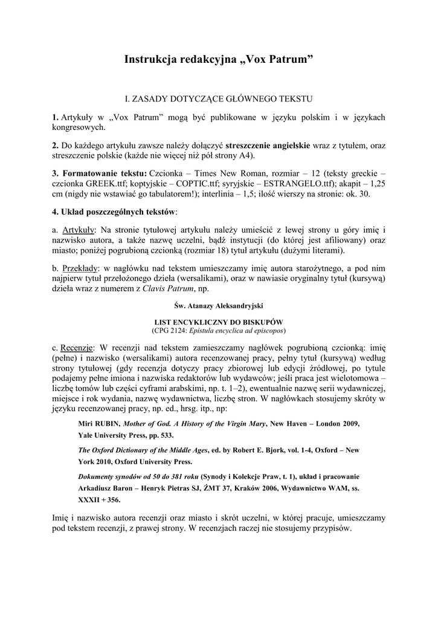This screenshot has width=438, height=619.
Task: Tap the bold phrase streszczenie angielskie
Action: point(268,146)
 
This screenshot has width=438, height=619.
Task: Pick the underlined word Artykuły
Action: point(79,230)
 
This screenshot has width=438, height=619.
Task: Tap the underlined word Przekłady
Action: point(82,268)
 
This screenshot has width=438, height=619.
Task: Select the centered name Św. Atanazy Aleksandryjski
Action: point(219,306)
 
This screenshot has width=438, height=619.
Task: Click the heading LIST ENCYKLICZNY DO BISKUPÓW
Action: point(219,323)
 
